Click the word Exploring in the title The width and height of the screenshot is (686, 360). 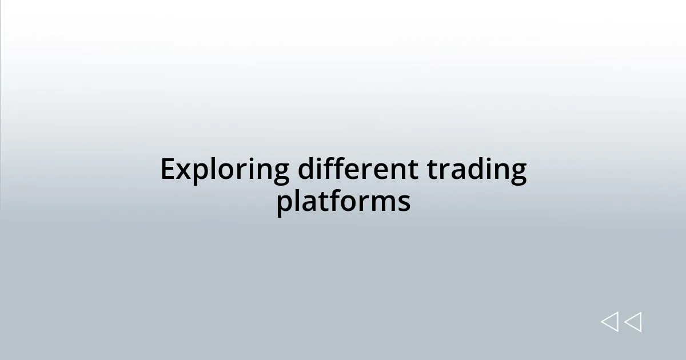224,170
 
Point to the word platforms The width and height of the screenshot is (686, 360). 343,202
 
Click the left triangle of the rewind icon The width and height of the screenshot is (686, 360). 609,322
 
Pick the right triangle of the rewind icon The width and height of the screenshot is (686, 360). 633,322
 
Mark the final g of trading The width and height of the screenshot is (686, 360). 518,174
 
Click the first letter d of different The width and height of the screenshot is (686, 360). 306,169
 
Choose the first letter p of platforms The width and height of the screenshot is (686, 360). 285,205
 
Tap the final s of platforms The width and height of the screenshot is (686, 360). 405,203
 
